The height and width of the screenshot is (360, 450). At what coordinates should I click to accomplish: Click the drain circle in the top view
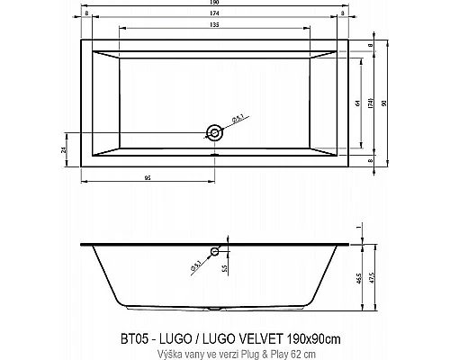pos(214,133)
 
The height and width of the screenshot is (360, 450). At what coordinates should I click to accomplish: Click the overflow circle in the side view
pos(215,252)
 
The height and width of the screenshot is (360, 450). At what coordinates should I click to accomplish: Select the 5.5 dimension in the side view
pos(226,269)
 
